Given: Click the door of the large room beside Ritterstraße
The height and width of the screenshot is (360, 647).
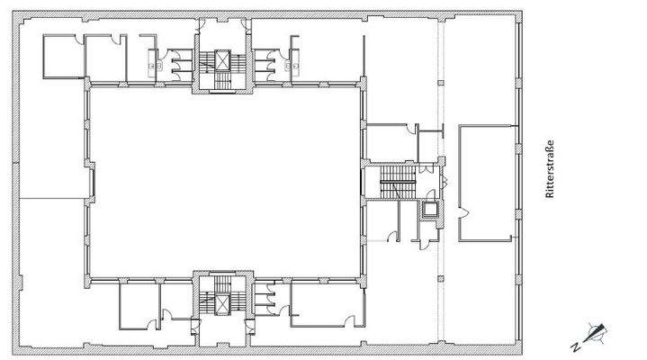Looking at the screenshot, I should pyautogui.click(x=459, y=213).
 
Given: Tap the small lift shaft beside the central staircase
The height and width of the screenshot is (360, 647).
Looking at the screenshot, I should pyautogui.click(x=431, y=210).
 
